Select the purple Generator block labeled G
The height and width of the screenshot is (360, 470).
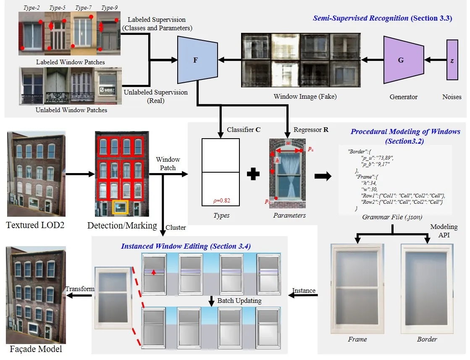[x=401, y=60]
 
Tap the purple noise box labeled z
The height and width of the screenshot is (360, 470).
[x=452, y=60]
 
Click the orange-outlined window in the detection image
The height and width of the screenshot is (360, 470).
[x=120, y=207]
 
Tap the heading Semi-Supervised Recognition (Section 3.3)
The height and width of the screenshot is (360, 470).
[x=382, y=18]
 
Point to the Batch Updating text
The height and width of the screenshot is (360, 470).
[x=239, y=301]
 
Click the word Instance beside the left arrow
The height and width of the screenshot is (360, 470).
[x=304, y=291]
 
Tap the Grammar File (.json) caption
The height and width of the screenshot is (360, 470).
[x=391, y=217]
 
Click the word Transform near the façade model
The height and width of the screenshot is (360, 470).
[x=80, y=289]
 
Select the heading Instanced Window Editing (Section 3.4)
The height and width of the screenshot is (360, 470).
[x=186, y=246]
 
